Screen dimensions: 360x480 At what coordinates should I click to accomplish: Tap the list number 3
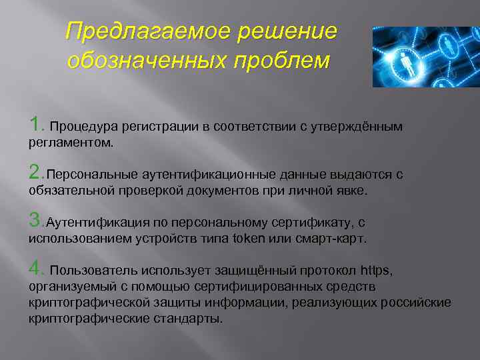(35, 221)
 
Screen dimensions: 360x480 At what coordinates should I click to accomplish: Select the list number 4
(35, 269)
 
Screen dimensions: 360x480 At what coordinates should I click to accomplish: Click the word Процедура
(81, 127)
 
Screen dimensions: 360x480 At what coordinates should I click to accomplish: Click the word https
(376, 271)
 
